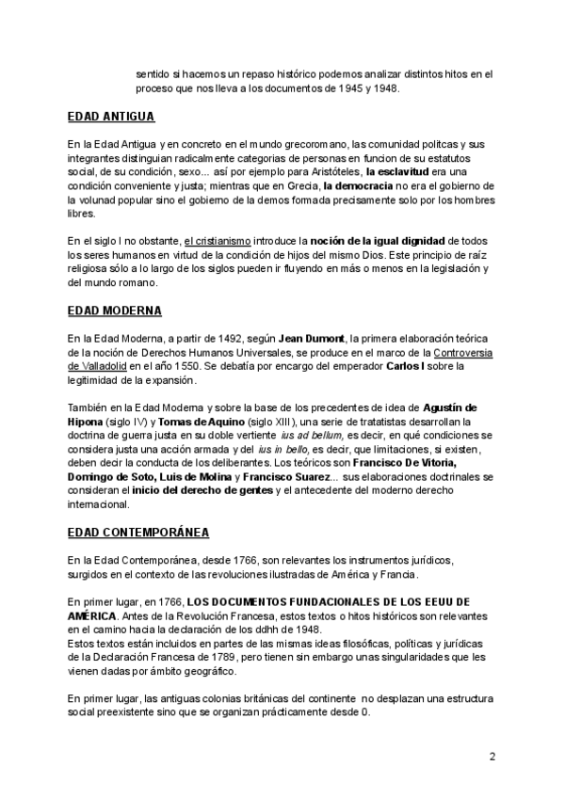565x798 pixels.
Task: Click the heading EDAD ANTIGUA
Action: click(x=111, y=118)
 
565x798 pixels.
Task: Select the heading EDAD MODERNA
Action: click(x=114, y=310)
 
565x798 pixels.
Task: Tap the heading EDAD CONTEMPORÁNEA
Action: click(x=138, y=532)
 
